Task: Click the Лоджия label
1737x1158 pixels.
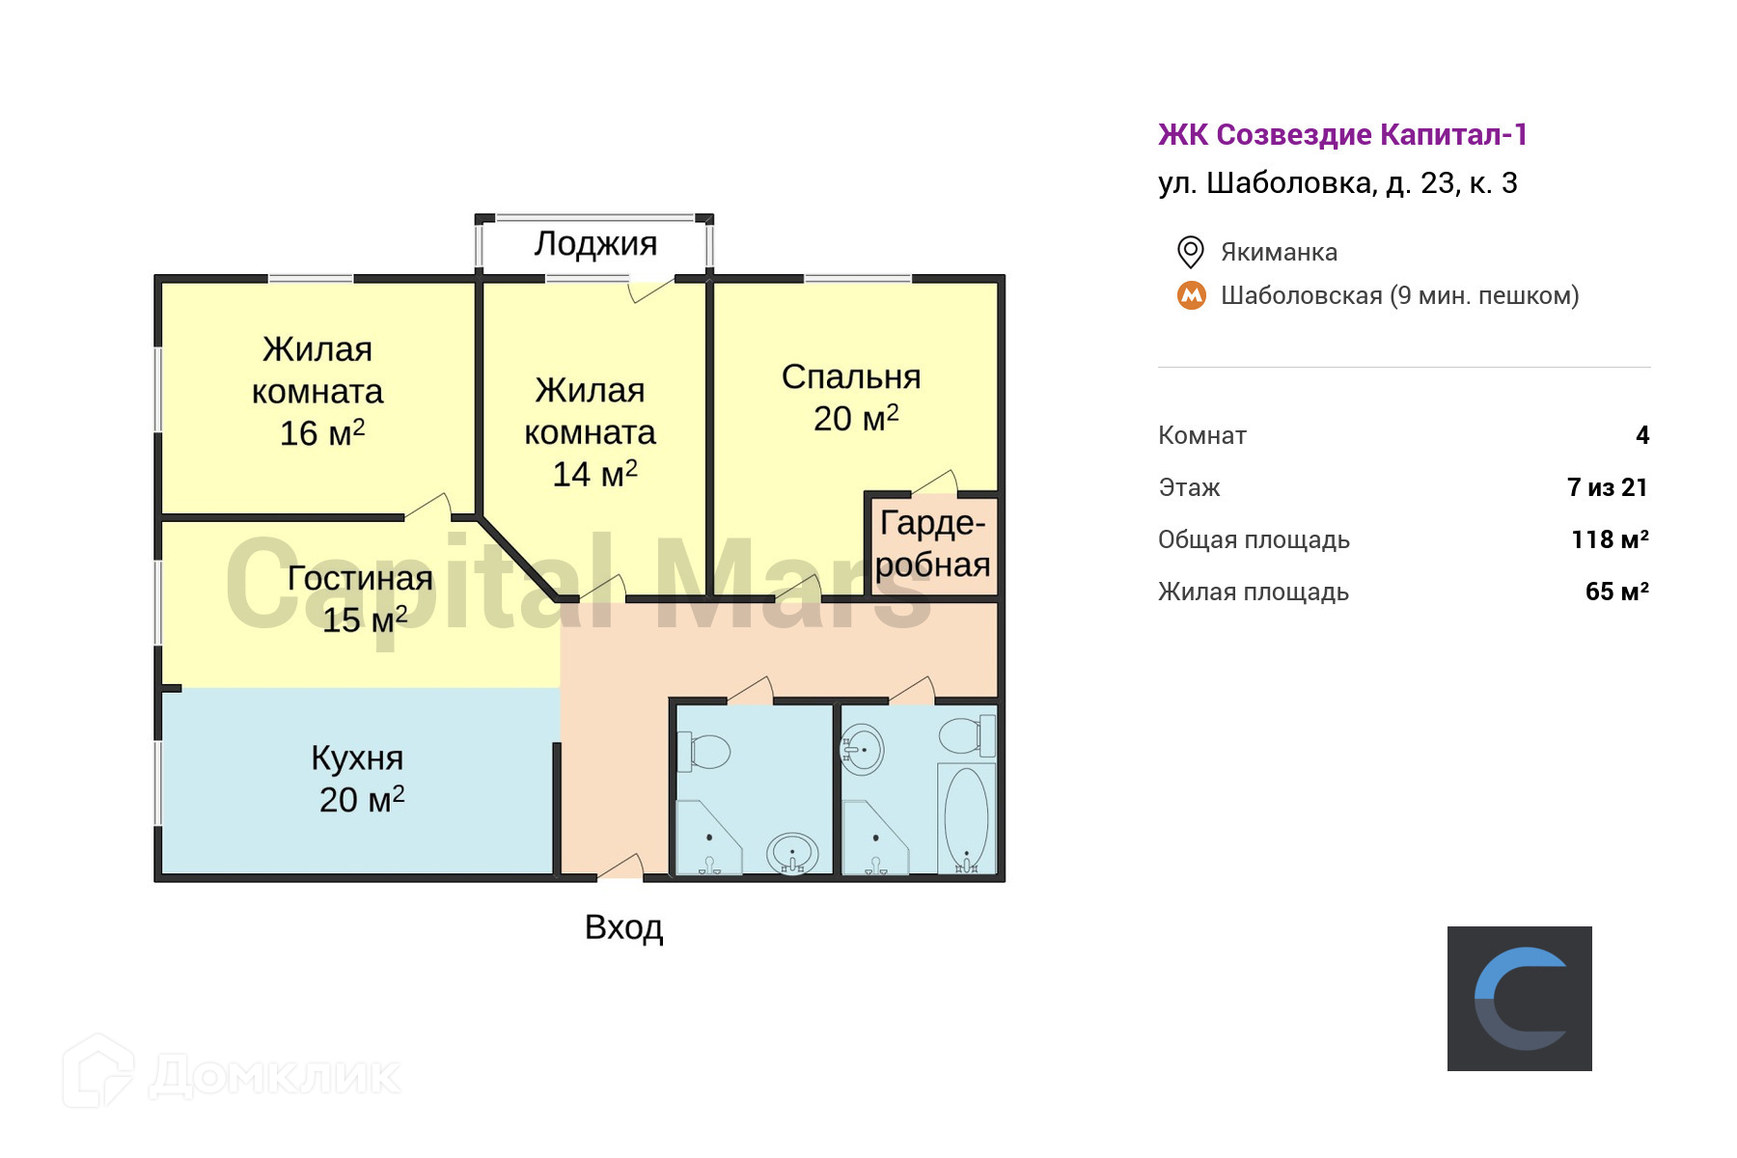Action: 595,244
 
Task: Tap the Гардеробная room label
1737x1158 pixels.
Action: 932,544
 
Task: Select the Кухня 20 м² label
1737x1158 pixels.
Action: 359,779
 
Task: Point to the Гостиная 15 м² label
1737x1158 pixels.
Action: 361,598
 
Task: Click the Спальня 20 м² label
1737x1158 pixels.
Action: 852,398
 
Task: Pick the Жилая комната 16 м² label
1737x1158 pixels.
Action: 318,392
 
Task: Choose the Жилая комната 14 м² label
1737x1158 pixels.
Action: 591,432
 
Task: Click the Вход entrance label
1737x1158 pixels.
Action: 623,927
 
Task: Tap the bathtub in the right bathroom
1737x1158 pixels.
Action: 966,818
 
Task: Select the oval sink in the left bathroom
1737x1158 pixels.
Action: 792,853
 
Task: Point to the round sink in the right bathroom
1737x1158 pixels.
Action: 863,749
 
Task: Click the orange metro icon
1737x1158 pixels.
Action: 1192,295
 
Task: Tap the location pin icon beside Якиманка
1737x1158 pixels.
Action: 1191,252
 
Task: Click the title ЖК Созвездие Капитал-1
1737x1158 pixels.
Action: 1342,135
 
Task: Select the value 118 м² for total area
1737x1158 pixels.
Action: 1610,539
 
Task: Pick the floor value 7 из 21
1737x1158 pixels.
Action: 1607,487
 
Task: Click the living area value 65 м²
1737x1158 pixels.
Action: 1616,592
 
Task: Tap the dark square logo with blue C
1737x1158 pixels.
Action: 1519,998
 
